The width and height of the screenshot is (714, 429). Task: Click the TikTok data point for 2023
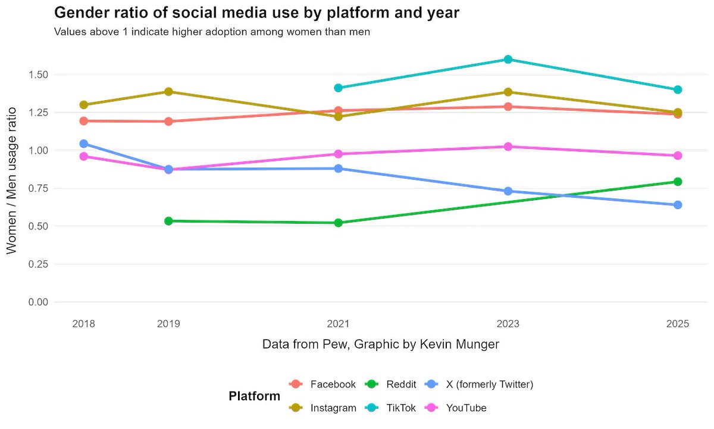(x=508, y=60)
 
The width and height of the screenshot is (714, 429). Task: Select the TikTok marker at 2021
(x=339, y=88)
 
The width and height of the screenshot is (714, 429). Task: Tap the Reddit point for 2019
(x=168, y=221)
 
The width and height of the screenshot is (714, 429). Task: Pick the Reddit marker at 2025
(x=678, y=182)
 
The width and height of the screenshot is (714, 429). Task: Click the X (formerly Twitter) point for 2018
(x=84, y=144)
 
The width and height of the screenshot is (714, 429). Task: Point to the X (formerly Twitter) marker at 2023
(x=508, y=191)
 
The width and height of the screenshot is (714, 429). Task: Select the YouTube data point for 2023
(x=508, y=147)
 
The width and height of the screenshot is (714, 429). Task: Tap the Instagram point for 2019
(x=168, y=92)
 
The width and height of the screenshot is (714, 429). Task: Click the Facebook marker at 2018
(x=84, y=121)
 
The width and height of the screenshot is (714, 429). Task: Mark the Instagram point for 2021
(x=339, y=117)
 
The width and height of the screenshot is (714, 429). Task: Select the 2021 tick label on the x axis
(x=339, y=324)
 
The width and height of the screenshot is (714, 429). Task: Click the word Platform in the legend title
(x=254, y=396)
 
